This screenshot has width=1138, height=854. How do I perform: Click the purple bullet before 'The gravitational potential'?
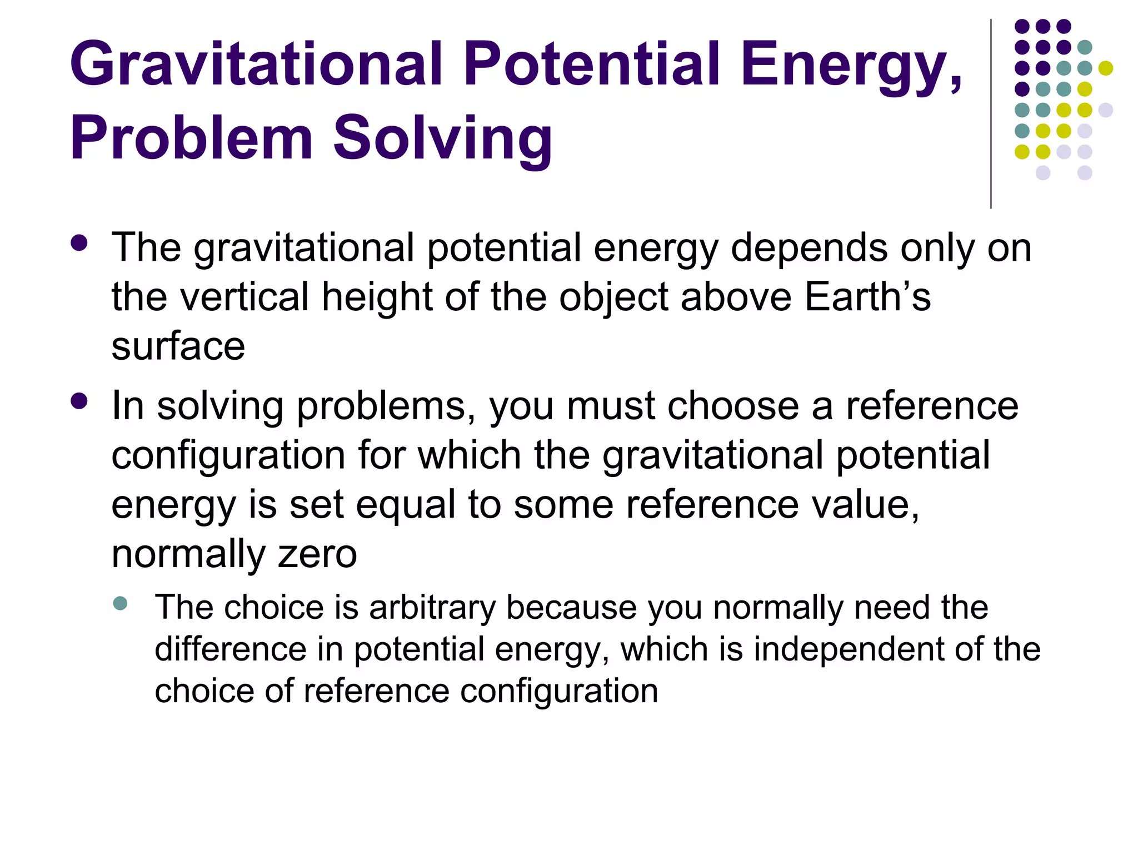click(79, 243)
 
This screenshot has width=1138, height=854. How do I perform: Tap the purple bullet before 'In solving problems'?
click(79, 401)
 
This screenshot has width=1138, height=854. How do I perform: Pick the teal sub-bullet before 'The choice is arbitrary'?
click(120, 603)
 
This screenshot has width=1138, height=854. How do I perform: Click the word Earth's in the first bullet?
click(867, 297)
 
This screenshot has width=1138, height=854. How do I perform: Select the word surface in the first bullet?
click(178, 346)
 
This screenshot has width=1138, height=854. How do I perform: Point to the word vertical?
click(244, 297)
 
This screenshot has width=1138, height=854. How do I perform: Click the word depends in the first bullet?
click(809, 249)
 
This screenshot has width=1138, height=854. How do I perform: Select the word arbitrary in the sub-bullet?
click(432, 607)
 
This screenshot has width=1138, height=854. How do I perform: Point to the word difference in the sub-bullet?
click(230, 649)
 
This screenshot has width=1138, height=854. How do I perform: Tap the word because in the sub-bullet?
click(571, 607)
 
